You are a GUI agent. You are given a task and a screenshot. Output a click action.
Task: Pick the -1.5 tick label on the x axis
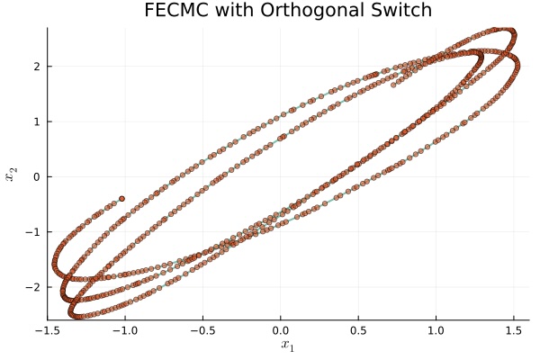[x=47, y=330]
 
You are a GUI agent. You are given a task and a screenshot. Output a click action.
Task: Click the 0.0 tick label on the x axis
[x=281, y=330]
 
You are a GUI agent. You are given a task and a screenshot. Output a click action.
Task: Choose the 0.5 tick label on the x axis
[x=358, y=330]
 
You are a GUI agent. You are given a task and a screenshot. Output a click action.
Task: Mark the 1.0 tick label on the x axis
[x=436, y=330]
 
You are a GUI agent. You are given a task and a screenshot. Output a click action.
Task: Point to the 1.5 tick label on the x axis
[x=513, y=330]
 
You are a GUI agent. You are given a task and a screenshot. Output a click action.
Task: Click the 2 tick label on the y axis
[x=37, y=66]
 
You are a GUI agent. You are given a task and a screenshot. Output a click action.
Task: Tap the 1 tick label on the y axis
[x=37, y=121]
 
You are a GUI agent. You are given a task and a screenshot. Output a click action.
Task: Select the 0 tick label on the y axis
[x=37, y=176]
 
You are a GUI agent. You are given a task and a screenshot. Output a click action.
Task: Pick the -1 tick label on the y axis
[x=34, y=231]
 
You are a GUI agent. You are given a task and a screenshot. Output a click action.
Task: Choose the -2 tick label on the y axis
[x=34, y=287]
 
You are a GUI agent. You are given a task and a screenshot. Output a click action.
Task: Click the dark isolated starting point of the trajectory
[x=121, y=198]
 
